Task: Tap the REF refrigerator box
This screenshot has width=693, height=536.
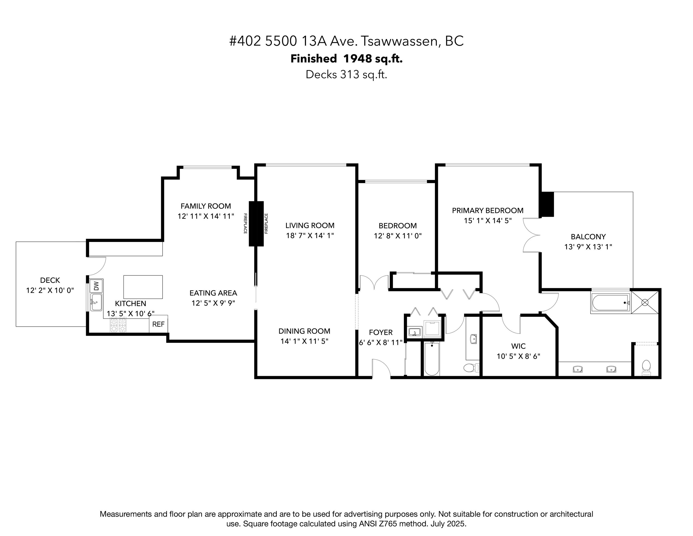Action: point(158,324)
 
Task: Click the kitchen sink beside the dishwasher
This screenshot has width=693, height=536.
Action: point(96,302)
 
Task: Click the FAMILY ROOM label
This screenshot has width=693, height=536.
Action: point(206,206)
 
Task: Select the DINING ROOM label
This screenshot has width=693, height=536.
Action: point(304,331)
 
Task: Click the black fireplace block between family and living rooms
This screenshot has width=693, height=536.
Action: point(256,224)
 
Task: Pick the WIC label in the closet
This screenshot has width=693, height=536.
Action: point(518,346)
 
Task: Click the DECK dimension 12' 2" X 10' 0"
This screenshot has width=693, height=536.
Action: point(50,290)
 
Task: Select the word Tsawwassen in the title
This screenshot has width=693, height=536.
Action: point(400,41)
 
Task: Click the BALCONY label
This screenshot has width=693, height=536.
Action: point(588,237)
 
